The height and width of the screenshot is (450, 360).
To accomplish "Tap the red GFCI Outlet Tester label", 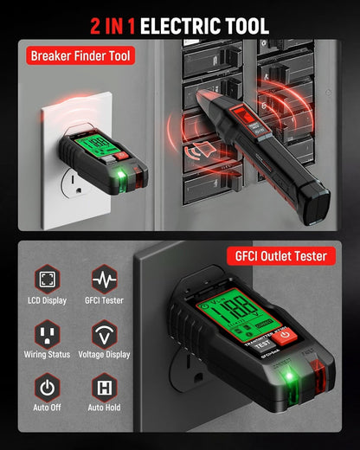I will [280, 256].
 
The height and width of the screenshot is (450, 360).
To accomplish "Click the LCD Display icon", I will [48, 280].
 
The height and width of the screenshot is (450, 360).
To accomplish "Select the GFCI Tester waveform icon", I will [105, 280].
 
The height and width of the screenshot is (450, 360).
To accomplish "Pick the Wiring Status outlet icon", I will [48, 333].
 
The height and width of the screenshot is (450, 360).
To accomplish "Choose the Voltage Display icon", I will [105, 333].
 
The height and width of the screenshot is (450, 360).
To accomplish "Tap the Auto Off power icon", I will [48, 386].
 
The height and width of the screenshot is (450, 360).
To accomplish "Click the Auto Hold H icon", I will [105, 386].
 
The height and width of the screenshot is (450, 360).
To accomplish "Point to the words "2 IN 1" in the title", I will [112, 25].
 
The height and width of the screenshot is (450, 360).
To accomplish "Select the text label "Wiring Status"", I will [48, 355].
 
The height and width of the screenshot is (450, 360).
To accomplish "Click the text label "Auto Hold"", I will [105, 408].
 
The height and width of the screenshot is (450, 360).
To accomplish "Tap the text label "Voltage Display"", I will [105, 355].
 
